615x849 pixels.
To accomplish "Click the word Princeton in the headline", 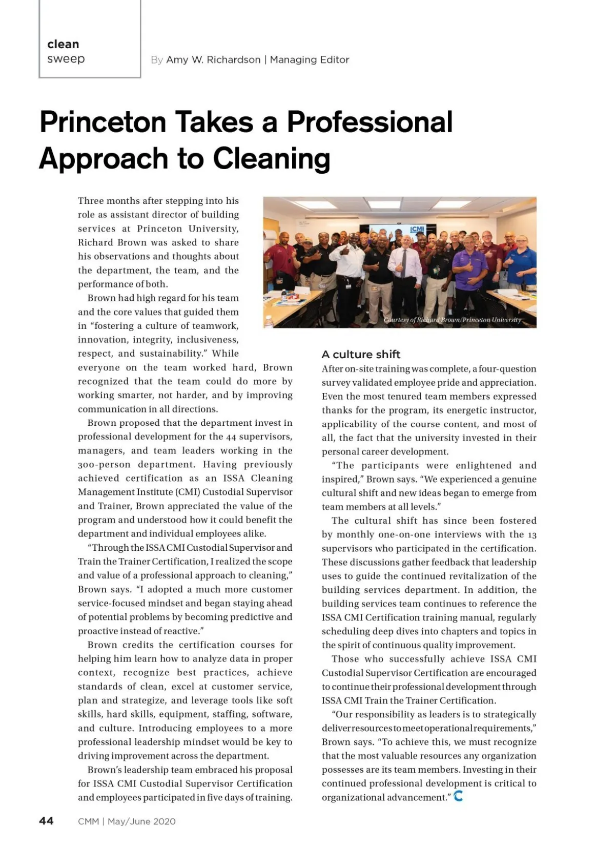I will (102, 122).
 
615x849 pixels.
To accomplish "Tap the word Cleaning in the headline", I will (271, 159).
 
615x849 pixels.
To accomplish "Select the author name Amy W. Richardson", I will (213, 60).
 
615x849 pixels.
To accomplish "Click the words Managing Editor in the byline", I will (310, 60).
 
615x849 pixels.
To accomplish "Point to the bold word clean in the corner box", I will (63, 45).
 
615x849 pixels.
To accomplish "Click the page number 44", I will (46, 821).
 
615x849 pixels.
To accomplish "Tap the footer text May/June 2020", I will (141, 822).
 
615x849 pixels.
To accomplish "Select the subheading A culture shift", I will (361, 355).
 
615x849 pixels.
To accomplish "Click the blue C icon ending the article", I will (458, 796).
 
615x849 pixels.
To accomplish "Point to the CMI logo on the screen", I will (418, 229).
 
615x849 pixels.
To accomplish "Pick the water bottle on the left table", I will (269, 321).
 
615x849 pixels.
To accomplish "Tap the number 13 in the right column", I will (532, 535).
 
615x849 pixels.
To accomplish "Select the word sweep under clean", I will (66, 59).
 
